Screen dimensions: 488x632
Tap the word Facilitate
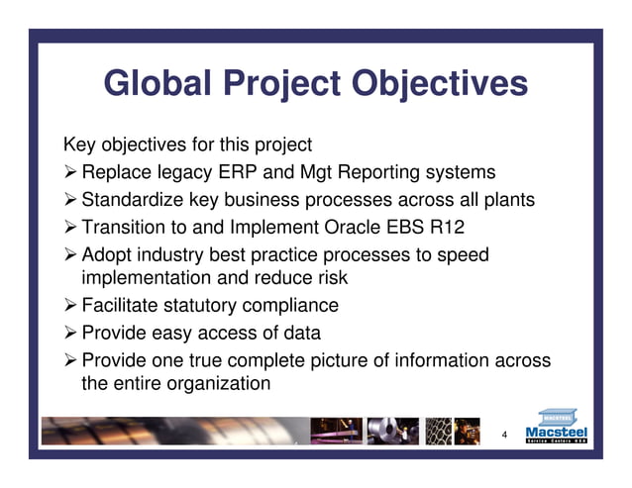coord(122,306)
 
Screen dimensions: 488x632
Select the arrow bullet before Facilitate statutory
coord(70,306)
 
